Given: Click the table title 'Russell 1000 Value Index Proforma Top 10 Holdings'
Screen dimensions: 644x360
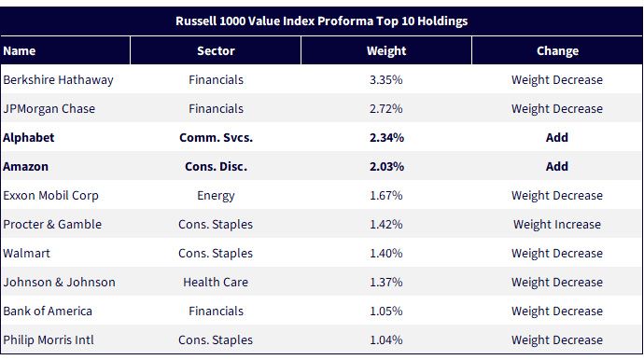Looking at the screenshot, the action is [x=322, y=21].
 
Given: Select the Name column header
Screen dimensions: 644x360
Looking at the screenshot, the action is [x=20, y=51].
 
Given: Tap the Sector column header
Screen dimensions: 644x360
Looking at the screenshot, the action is [x=216, y=51].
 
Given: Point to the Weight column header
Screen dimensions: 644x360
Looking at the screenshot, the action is [x=386, y=51].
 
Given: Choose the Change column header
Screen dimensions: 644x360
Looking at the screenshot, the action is [x=557, y=51].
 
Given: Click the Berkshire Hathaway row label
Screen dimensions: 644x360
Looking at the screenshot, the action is [x=58, y=80].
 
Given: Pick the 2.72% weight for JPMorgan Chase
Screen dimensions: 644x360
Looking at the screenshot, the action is [x=386, y=109].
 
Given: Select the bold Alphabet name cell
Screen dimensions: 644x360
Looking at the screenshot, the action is [x=28, y=137].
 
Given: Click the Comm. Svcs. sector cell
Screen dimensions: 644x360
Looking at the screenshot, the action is [x=216, y=137].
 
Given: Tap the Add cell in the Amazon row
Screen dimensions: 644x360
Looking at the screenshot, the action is [x=557, y=167].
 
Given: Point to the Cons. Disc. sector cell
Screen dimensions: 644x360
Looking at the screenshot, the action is [x=216, y=167].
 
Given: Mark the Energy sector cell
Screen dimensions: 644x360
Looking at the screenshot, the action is [x=216, y=196].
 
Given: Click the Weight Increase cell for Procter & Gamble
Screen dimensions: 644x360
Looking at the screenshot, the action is [x=557, y=225].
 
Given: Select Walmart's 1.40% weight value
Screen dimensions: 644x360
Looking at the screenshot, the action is [x=386, y=254].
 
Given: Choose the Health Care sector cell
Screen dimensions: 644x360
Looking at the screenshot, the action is [x=216, y=283].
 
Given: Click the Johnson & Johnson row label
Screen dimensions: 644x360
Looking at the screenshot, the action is [x=59, y=283].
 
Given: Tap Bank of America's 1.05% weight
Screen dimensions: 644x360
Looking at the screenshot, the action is [x=386, y=312].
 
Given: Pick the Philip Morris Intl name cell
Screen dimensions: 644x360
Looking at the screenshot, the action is [x=49, y=340].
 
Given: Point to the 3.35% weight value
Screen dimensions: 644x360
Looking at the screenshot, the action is [x=386, y=79].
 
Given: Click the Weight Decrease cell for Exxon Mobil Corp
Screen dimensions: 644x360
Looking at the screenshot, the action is [x=557, y=196].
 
